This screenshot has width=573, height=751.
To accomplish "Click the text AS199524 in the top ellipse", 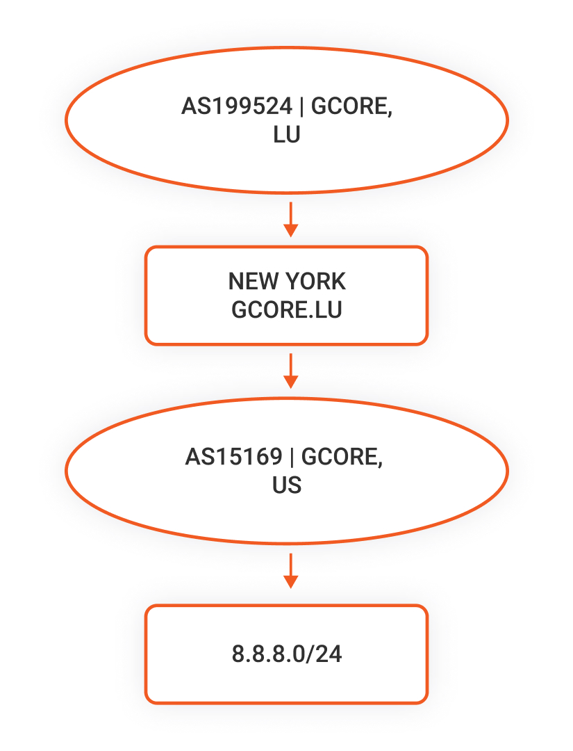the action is tap(237, 106).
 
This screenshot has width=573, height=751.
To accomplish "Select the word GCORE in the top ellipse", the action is tap(349, 106).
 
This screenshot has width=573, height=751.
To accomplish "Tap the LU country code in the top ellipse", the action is tap(286, 135).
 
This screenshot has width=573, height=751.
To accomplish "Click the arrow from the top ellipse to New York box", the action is tap(291, 219).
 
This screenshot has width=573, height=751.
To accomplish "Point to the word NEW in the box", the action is tap(252, 281).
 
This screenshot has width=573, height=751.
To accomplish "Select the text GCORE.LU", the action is tap(286, 310).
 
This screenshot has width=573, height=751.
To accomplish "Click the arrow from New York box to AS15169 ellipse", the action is tap(291, 371).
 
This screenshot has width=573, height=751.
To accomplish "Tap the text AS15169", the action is tap(233, 456).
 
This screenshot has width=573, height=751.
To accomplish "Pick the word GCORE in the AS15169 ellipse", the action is tap(339, 456).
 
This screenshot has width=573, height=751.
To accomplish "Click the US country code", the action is tap(286, 485).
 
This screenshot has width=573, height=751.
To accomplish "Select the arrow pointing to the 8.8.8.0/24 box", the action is tap(291, 571).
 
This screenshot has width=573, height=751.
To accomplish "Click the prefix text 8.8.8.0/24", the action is tap(286, 654).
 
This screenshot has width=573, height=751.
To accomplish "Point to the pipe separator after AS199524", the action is tap(302, 106).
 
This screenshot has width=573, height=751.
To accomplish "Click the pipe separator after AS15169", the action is tap(292, 457).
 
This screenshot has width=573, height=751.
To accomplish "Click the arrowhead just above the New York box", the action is tap(291, 231).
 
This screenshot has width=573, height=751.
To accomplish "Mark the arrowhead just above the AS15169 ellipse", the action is tap(291, 382).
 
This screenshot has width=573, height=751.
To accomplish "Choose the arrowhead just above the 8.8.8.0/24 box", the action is tap(291, 583).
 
